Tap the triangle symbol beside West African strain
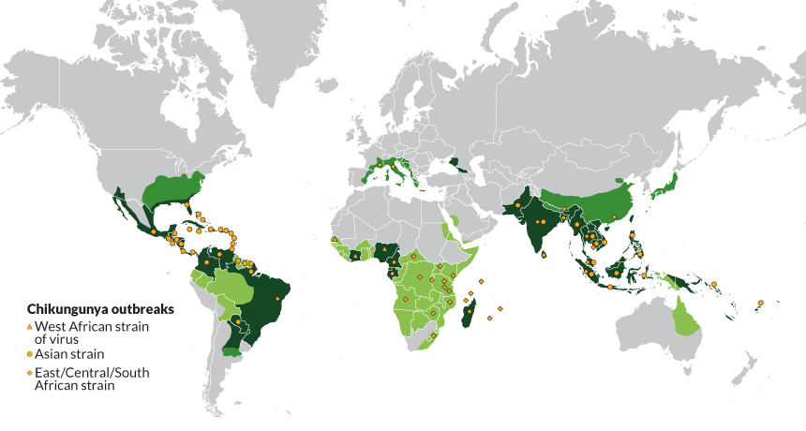pyautogui.click(x=29, y=324)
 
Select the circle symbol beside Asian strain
pyautogui.click(x=29, y=355)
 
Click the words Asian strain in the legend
pyautogui.click(x=69, y=355)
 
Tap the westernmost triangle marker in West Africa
pyautogui.click(x=335, y=241)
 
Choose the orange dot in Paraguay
pyautogui.click(x=238, y=321)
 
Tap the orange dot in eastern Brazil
pyautogui.click(x=278, y=299)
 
